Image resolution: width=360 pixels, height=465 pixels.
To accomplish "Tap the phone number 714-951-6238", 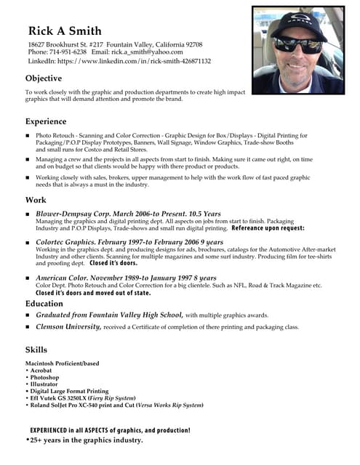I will [x=68, y=52].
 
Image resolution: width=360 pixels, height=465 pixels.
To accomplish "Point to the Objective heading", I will [x=44, y=78].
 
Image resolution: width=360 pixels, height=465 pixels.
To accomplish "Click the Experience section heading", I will [x=46, y=121].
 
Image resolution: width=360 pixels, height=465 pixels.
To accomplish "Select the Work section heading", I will [x=36, y=200].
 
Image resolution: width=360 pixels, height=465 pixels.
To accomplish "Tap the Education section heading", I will [x=44, y=303].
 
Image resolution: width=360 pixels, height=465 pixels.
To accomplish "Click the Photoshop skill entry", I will [x=44, y=378].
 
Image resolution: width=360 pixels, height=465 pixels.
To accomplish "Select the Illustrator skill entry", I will [x=44, y=384].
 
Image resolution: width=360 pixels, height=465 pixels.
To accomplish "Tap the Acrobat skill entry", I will [x=41, y=371].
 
